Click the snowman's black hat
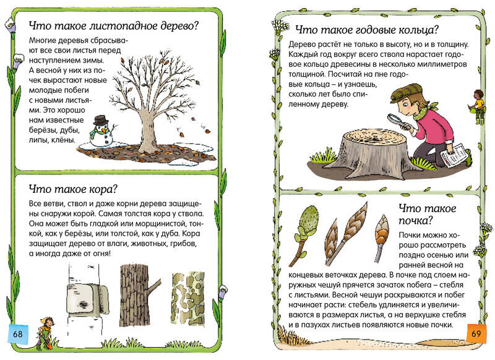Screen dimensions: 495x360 pos(101,120)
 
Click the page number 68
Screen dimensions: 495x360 pos(18,333)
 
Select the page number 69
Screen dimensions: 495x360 pos(476,333)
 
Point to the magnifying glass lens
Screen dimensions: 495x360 pos(394,119)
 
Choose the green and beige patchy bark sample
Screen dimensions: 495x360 pos(188,298)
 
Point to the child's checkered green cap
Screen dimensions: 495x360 pos(406,92)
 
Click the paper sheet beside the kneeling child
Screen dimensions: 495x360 pos(453,155)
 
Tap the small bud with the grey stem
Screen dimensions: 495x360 pos(381,238)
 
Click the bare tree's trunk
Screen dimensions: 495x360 pos(147,132)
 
